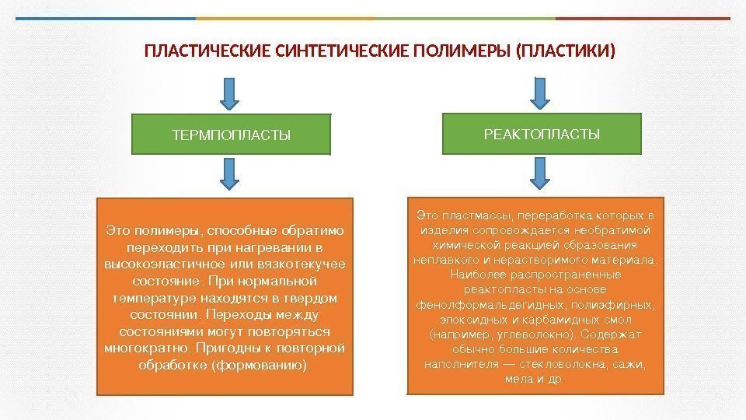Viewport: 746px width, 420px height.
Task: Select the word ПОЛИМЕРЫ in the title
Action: coord(461,53)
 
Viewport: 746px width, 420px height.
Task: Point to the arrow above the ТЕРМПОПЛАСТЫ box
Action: coord(231,92)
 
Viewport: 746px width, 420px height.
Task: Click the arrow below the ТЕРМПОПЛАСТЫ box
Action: coord(231,173)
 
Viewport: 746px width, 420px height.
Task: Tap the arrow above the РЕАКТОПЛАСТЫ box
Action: coord(540,92)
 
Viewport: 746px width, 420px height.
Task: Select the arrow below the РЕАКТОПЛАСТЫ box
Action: coord(540,173)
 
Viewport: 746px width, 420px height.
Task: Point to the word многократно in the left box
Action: coord(148,347)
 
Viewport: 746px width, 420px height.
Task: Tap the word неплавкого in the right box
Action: coord(445,259)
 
